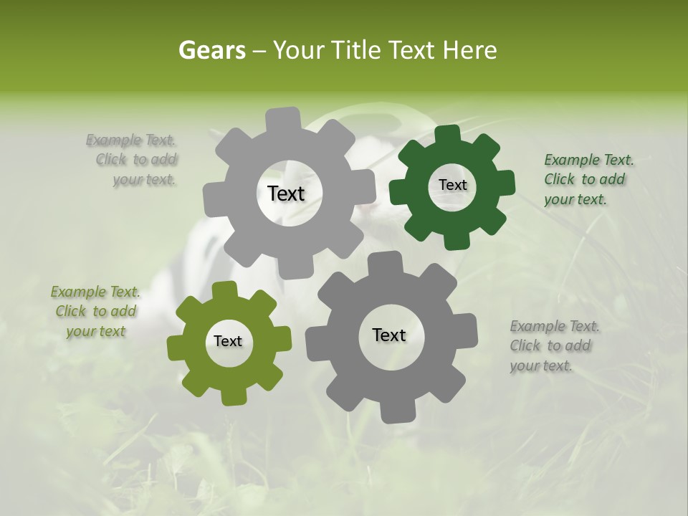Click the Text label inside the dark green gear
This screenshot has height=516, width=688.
pyautogui.click(x=452, y=185)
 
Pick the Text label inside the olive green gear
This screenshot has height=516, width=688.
pyautogui.click(x=228, y=342)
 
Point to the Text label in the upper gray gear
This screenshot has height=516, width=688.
pyautogui.click(x=286, y=193)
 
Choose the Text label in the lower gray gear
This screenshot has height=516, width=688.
pyautogui.click(x=389, y=335)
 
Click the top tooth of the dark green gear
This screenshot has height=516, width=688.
pyautogui.click(x=447, y=135)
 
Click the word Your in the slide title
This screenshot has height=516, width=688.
pyautogui.click(x=299, y=50)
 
